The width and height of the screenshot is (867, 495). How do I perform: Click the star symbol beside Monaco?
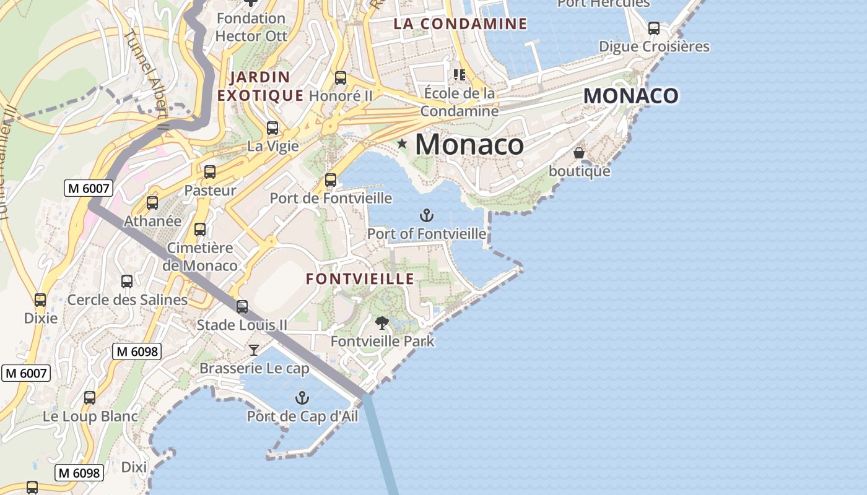(403, 144)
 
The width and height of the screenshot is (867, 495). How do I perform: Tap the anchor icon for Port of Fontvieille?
(426, 215)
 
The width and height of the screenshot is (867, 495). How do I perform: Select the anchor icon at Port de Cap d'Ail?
(302, 398)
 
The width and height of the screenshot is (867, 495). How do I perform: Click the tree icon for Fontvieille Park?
(382, 322)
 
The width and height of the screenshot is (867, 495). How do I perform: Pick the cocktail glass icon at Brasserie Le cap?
(254, 350)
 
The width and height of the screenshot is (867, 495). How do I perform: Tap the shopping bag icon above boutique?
(579, 152)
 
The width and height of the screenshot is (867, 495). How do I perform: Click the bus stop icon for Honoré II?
(341, 78)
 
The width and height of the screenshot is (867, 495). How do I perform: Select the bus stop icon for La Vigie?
(272, 128)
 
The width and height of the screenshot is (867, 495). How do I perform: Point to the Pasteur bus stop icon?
(210, 172)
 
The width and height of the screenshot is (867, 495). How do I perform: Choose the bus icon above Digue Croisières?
(654, 28)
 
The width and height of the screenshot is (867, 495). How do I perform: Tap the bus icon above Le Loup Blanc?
(90, 398)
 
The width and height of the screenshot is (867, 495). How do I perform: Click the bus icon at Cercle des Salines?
(127, 282)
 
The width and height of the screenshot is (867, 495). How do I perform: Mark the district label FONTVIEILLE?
(360, 279)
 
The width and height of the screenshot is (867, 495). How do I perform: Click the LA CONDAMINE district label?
(461, 24)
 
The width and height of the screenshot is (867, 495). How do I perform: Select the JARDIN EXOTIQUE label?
(260, 87)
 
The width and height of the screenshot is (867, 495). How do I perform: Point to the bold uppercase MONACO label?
(630, 96)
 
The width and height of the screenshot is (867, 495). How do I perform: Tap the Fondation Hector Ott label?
(251, 27)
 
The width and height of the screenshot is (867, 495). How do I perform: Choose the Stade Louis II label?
(242, 325)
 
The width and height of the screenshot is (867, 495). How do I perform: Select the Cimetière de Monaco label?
(200, 257)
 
